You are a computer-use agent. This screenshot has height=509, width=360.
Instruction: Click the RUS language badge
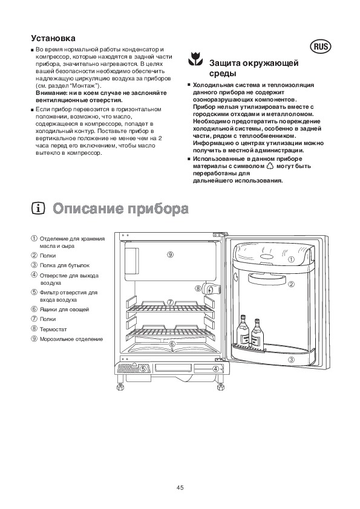[320, 47]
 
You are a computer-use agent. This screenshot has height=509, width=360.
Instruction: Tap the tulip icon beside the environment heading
[195, 59]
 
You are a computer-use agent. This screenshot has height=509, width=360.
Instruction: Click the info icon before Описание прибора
[38, 209]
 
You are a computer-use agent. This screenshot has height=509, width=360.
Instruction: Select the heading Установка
[53, 38]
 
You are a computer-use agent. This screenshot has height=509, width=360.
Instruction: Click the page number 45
[180, 487]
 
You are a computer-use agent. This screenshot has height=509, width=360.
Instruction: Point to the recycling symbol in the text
[270, 166]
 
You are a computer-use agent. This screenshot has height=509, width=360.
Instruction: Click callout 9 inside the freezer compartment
[170, 254]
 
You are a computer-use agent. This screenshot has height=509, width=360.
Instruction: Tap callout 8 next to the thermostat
[198, 288]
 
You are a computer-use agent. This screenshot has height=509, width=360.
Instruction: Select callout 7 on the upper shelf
[170, 302]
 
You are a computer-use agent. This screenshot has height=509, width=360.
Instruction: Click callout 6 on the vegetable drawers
[172, 344]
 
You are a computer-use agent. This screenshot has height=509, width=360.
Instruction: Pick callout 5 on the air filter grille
[143, 368]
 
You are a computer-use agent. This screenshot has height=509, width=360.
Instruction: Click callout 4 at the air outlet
[216, 368]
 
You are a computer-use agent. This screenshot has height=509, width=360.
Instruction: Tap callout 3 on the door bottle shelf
[291, 359]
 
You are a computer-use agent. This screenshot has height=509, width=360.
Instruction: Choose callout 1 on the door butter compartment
[291, 259]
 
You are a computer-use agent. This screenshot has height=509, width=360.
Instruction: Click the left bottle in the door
[243, 331]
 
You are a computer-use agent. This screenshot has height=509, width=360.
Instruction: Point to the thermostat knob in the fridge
[212, 288]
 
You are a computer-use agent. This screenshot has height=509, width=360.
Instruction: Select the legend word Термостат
[53, 329]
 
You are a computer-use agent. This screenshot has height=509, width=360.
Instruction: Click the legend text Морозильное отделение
[71, 339]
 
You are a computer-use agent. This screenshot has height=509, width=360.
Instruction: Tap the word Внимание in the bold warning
[50, 93]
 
